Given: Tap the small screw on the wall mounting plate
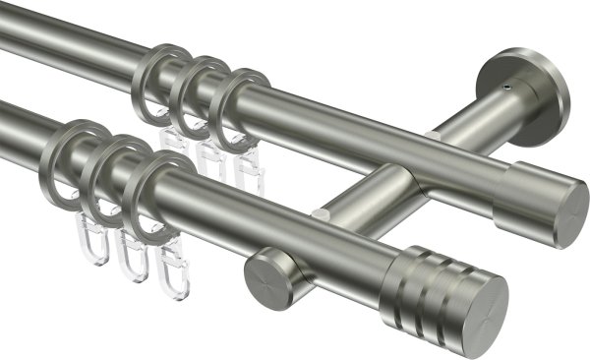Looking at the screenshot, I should tap(507, 88).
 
